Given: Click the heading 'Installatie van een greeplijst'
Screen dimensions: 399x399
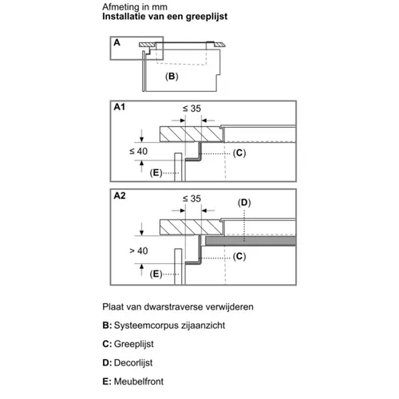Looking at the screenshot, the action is tap(164, 17).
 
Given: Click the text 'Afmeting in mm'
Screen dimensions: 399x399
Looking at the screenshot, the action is tap(135, 6).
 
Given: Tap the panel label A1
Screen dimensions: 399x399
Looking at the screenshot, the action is tap(119, 107).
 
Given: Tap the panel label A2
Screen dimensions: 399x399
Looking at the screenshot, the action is tap(120, 196).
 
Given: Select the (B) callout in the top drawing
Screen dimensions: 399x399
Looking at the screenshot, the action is tap(172, 77).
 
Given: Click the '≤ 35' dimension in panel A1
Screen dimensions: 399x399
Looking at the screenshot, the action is tap(192, 109).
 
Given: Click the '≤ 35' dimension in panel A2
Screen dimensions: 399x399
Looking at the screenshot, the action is tap(192, 199).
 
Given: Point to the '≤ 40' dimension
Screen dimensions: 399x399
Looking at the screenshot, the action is tap(138, 152).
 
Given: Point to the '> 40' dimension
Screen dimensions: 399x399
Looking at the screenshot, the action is tap(138, 251).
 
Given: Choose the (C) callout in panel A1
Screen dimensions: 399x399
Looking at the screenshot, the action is tap(239, 153).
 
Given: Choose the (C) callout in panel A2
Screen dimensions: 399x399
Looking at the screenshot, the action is tap(239, 256).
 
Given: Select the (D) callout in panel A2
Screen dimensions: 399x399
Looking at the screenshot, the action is tap(244, 203).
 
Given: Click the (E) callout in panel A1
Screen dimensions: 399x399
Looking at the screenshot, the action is tap(156, 173).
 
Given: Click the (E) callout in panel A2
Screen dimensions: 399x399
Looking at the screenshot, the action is tap(156, 274).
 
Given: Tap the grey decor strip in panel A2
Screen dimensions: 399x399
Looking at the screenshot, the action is tap(251, 241).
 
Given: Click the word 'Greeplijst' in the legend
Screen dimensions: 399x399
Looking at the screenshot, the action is tap(134, 344).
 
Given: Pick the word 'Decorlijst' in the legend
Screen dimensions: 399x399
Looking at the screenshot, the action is tap(133, 362).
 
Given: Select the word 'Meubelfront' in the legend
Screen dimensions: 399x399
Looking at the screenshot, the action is tap(139, 381).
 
